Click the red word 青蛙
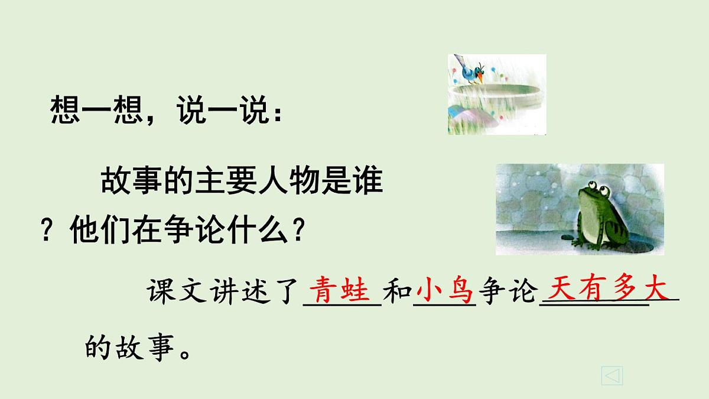click(342, 291)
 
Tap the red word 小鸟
click(444, 291)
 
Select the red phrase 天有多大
click(608, 290)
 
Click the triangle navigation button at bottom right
click(612, 375)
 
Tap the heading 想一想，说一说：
click(167, 111)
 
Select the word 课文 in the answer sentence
click(177, 293)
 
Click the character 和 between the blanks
click(397, 293)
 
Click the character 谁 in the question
click(369, 181)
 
